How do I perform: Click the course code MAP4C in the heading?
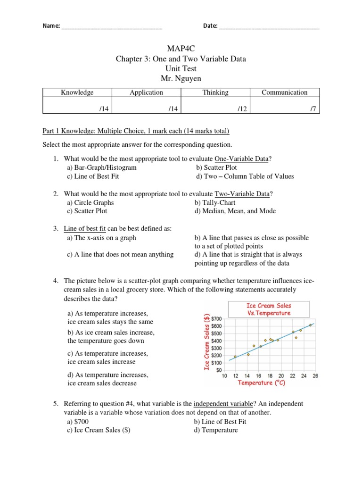coord(181,49)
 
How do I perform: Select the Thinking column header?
coord(215,92)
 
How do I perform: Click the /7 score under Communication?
coord(313,108)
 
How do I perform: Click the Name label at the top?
coord(51,26)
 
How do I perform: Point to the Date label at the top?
coord(210,26)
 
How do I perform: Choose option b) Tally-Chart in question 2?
coord(215,202)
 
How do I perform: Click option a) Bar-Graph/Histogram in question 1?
coord(102,167)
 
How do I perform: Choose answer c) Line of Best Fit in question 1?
coord(93,176)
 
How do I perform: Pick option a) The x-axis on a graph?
coord(101,238)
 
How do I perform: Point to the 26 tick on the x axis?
coord(315,375)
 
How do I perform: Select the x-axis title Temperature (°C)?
coord(262,383)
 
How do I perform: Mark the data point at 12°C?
coord(235,357)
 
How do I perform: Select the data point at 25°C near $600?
coord(310,325)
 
